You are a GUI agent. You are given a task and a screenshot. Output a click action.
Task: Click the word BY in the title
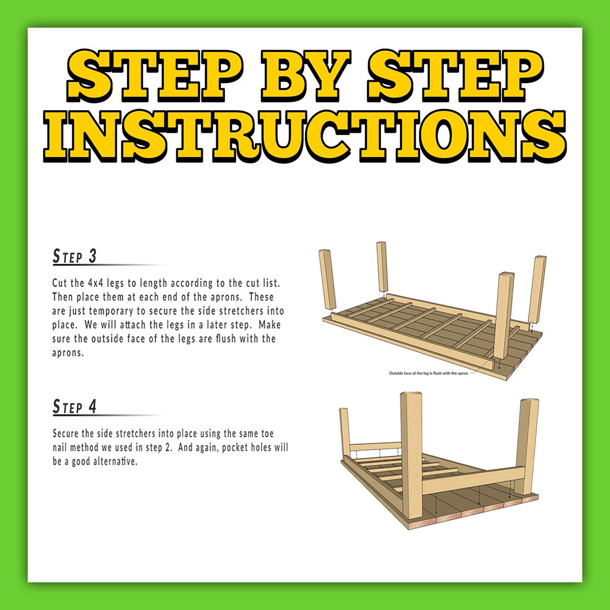click(x=306, y=76)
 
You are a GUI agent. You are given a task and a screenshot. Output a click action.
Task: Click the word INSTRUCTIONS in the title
click(x=304, y=136)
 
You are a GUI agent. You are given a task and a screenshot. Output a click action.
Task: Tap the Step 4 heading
click(x=75, y=407)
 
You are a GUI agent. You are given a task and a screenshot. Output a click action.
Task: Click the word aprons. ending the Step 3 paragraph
click(x=68, y=353)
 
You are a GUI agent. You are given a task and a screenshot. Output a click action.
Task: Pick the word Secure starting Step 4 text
click(x=66, y=433)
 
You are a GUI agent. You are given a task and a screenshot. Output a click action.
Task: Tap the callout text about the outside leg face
click(x=428, y=373)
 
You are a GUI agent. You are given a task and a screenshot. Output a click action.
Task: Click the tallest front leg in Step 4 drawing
click(x=411, y=455)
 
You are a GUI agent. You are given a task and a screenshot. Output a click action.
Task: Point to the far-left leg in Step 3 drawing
click(x=328, y=281)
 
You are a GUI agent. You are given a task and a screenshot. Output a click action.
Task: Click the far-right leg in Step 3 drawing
click(x=537, y=290)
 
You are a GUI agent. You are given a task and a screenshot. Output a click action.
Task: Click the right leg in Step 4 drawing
click(x=527, y=446)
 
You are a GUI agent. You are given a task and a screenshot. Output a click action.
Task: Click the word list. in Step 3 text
click(x=271, y=283)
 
